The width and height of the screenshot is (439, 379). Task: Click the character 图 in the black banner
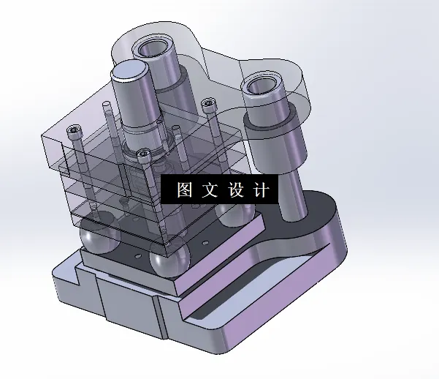click(184, 190)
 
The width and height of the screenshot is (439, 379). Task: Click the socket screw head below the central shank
click(144, 154)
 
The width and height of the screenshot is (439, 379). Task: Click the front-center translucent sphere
click(169, 261)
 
